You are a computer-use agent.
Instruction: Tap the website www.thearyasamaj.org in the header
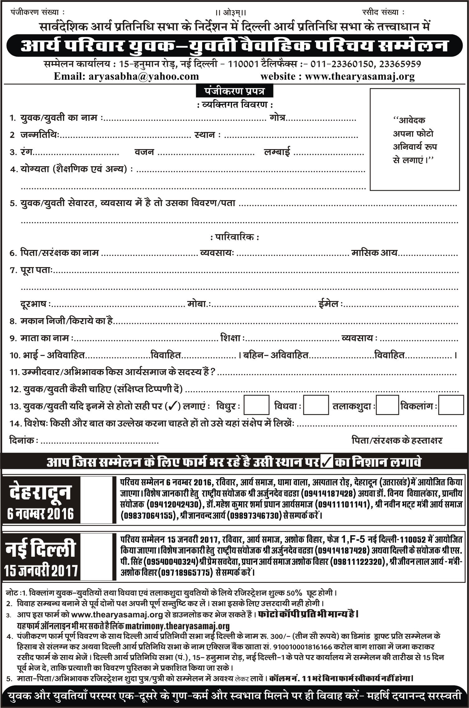coord(360,76)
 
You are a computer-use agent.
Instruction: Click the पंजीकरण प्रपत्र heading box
coord(234,92)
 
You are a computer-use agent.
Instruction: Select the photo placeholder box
coord(415,139)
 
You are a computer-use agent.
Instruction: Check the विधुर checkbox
coord(256,405)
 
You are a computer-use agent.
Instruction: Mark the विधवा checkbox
coord(316,405)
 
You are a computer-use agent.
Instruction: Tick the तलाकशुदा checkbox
coord(387,405)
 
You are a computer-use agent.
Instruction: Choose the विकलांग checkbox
coord(451,405)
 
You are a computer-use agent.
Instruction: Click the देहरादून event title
coord(40,492)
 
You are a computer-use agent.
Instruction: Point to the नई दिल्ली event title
coord(40,549)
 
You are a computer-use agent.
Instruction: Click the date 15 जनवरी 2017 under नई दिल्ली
coord(40,571)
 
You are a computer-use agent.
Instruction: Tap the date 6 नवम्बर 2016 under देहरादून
coord(40,514)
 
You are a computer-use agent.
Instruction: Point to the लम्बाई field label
coord(277,152)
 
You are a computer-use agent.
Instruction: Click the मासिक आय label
coord(374,253)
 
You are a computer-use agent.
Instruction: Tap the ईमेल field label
coord(329,304)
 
